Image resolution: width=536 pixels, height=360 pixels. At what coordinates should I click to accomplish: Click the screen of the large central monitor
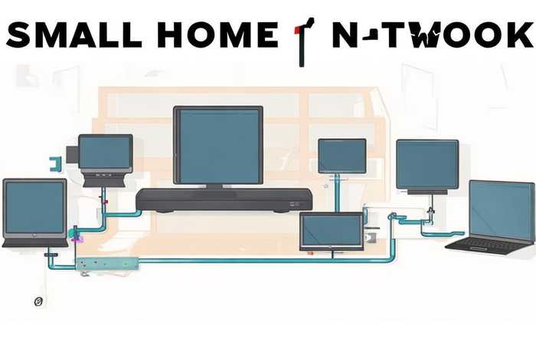218,145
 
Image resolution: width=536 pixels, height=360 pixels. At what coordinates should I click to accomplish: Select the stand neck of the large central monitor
215,186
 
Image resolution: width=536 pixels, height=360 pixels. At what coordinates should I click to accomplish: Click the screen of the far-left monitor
34,209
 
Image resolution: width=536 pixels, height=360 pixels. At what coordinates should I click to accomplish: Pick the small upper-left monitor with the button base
106,157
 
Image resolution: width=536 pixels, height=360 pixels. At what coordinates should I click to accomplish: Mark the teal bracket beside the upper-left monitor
54,162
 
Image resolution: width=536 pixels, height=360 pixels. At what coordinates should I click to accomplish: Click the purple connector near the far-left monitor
76,239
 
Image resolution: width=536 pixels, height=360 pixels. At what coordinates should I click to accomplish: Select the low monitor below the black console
331,231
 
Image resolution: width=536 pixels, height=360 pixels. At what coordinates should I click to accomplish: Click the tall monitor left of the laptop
427,164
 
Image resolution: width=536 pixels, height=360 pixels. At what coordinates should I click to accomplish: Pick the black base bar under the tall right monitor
427,191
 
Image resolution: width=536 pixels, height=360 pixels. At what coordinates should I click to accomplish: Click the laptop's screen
501,210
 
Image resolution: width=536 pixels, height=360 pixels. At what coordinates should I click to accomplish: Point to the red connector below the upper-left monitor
105,201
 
